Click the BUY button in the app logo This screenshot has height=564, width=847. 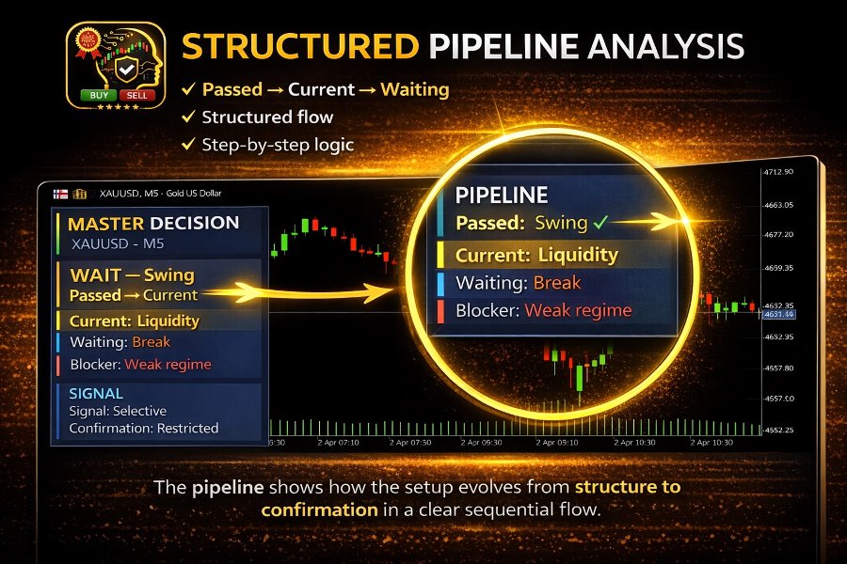96,95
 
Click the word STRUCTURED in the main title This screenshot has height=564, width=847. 299,46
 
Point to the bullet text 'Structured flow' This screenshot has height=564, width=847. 267,117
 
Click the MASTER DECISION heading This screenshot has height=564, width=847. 153,224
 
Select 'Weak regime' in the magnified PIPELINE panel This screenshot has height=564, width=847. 578,310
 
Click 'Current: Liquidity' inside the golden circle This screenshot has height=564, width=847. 536,255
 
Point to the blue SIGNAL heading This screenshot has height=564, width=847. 96,393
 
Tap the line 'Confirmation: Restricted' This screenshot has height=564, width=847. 144,428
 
